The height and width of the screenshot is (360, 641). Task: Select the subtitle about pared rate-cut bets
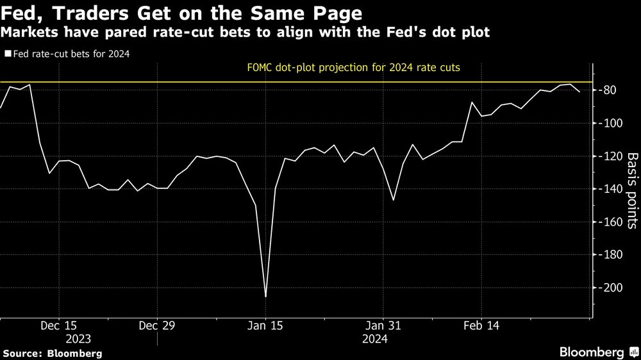tap(246, 32)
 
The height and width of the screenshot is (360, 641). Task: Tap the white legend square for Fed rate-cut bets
tap(8, 54)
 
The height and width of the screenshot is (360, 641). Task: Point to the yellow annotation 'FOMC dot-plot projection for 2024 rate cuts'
tap(354, 67)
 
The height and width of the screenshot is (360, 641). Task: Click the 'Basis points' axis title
tap(631, 190)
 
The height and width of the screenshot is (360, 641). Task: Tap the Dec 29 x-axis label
tap(157, 325)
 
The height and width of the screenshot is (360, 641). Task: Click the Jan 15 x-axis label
tap(265, 325)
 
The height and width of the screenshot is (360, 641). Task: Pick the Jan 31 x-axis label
tap(383, 325)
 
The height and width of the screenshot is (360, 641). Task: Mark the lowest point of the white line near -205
tap(265, 296)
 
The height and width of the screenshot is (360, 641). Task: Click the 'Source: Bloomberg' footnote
tap(53, 353)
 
